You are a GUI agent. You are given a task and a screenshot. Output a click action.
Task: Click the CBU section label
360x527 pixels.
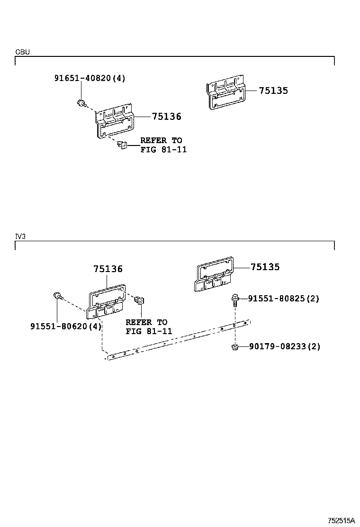point(22,52)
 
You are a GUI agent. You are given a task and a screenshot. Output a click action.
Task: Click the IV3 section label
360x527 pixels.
point(20,236)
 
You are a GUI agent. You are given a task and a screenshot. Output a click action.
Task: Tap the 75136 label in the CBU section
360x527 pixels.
point(166,117)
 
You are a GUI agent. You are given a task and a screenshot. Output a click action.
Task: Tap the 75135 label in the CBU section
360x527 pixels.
point(273,91)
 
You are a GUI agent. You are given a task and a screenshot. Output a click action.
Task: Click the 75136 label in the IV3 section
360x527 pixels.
point(108,269)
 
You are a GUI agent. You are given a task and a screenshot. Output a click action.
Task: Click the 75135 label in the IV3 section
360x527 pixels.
point(265,267)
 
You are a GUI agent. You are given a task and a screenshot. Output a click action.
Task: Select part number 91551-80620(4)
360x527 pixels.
point(66,326)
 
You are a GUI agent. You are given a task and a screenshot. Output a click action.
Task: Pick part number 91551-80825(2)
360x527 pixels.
point(284,299)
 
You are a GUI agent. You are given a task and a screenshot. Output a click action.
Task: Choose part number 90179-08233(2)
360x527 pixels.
point(284,346)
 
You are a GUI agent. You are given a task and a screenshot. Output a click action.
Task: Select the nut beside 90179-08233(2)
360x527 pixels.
point(235,347)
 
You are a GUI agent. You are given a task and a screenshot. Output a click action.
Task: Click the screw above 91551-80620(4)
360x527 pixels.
point(57,296)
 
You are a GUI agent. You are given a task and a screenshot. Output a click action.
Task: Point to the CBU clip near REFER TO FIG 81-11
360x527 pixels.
point(121,145)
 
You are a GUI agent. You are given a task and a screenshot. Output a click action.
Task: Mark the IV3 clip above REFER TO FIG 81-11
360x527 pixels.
point(140,300)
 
